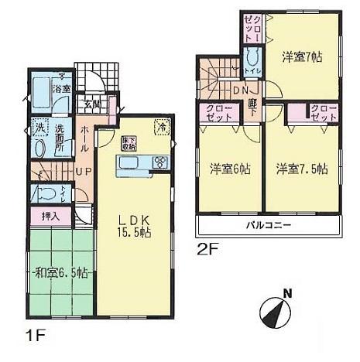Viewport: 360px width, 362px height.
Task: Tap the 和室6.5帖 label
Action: (x=60, y=272)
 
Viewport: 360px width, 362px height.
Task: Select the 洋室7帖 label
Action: (x=303, y=56)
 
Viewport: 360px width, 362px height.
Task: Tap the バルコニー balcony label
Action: (x=268, y=225)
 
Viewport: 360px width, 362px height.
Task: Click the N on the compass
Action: (x=286, y=292)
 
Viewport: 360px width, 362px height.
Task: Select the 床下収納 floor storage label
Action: (x=129, y=142)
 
